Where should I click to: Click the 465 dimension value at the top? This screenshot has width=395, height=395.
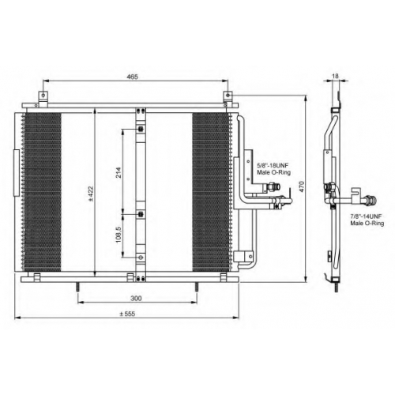click(x=132, y=77)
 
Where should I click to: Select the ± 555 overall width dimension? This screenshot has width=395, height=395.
click(x=127, y=314)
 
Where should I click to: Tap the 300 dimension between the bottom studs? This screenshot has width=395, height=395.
click(x=136, y=299)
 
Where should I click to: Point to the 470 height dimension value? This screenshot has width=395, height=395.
click(x=302, y=186)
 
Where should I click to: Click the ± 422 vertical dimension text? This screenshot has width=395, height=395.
click(x=91, y=194)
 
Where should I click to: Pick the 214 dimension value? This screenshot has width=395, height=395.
click(x=118, y=172)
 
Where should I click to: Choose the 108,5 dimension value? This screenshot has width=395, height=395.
click(x=118, y=235)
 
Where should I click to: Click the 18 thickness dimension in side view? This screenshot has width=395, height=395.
click(x=335, y=76)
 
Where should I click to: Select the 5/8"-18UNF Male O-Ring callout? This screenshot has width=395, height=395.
click(x=273, y=169)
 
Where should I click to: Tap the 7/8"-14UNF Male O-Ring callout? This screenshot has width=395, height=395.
click(x=367, y=220)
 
